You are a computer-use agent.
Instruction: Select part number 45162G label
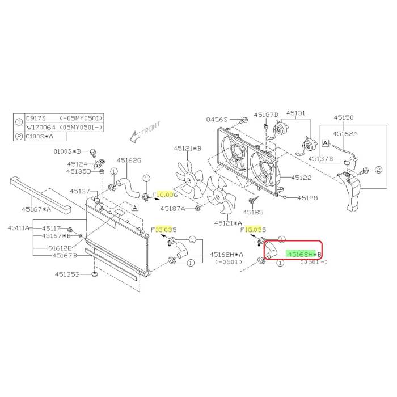click(x=129, y=161)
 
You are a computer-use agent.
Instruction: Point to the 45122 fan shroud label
click(x=301, y=178)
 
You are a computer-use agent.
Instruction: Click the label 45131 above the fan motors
click(x=295, y=113)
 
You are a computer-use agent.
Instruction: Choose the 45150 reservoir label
click(x=344, y=117)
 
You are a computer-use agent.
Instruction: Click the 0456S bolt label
click(x=217, y=119)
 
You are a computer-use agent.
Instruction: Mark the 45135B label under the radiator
click(x=67, y=274)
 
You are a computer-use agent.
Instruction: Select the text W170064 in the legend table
click(x=40, y=128)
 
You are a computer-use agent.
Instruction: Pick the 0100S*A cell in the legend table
click(x=40, y=137)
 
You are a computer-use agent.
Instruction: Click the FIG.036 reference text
click(x=165, y=195)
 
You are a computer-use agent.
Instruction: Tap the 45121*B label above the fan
click(x=187, y=149)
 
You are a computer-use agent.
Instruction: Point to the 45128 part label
click(x=307, y=198)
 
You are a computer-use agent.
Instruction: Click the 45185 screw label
click(x=253, y=212)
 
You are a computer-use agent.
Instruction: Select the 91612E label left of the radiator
click(x=60, y=248)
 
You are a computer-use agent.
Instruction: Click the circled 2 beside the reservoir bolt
click(x=378, y=170)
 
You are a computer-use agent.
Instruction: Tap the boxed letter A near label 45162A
click(x=326, y=143)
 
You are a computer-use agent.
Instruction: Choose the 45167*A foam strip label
click(x=36, y=209)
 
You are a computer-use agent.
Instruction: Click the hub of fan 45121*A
click(x=217, y=196)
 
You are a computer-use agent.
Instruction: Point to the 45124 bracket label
click(x=77, y=164)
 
